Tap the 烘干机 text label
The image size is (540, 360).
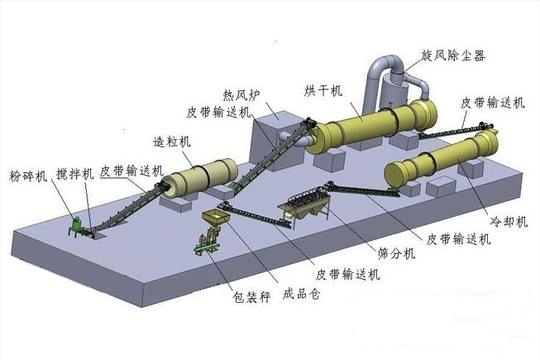coord(326,89)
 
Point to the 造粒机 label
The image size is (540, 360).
coord(173,141)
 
